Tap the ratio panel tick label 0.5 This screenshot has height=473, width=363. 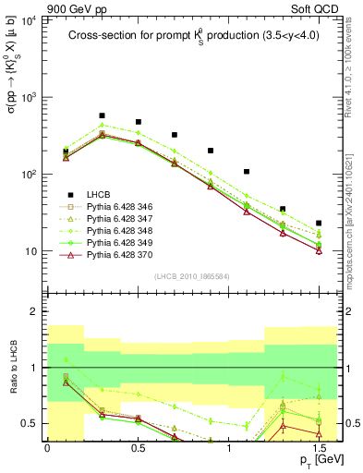(32, 423)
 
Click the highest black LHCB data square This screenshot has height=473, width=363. (102, 116)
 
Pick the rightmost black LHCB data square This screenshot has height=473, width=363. (319, 223)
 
